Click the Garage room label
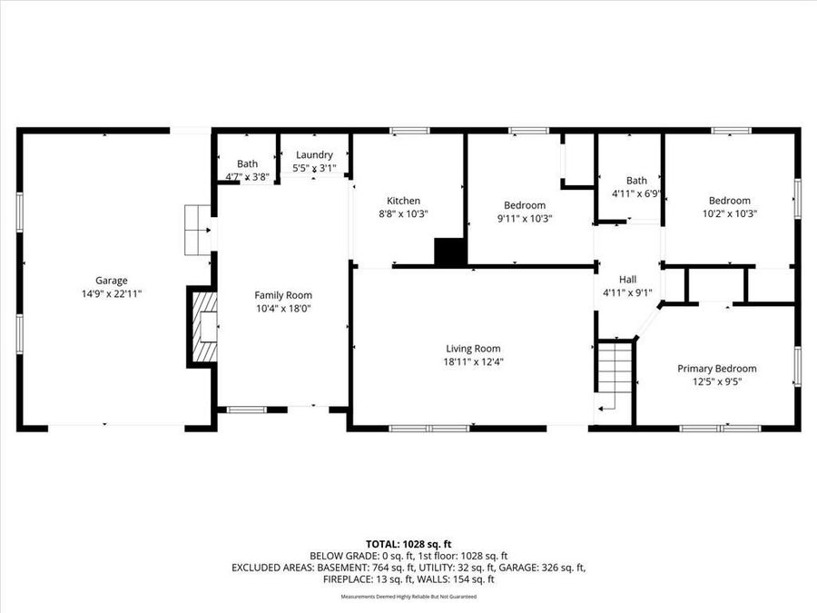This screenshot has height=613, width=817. [112, 281]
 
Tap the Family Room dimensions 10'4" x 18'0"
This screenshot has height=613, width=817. [283, 309]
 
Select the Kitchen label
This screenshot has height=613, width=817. [403, 201]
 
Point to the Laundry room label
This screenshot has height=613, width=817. [314, 155]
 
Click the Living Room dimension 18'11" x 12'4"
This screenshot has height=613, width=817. [472, 361]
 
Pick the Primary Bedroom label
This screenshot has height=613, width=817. [716, 369]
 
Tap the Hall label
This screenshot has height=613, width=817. [627, 280]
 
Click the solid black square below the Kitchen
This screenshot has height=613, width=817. [449, 252]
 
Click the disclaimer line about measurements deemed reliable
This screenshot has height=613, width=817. [408, 597]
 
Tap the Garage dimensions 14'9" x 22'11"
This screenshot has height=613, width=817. [112, 293]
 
